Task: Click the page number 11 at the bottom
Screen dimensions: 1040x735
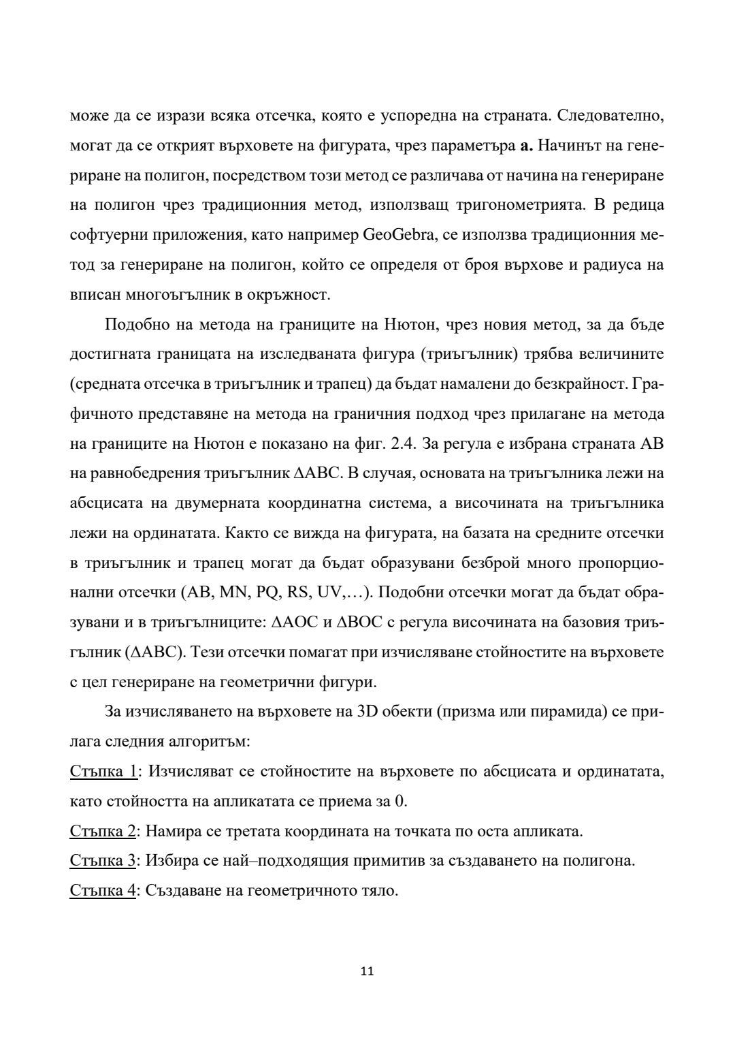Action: pos(367,971)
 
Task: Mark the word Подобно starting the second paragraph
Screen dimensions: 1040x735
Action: pos(137,325)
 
